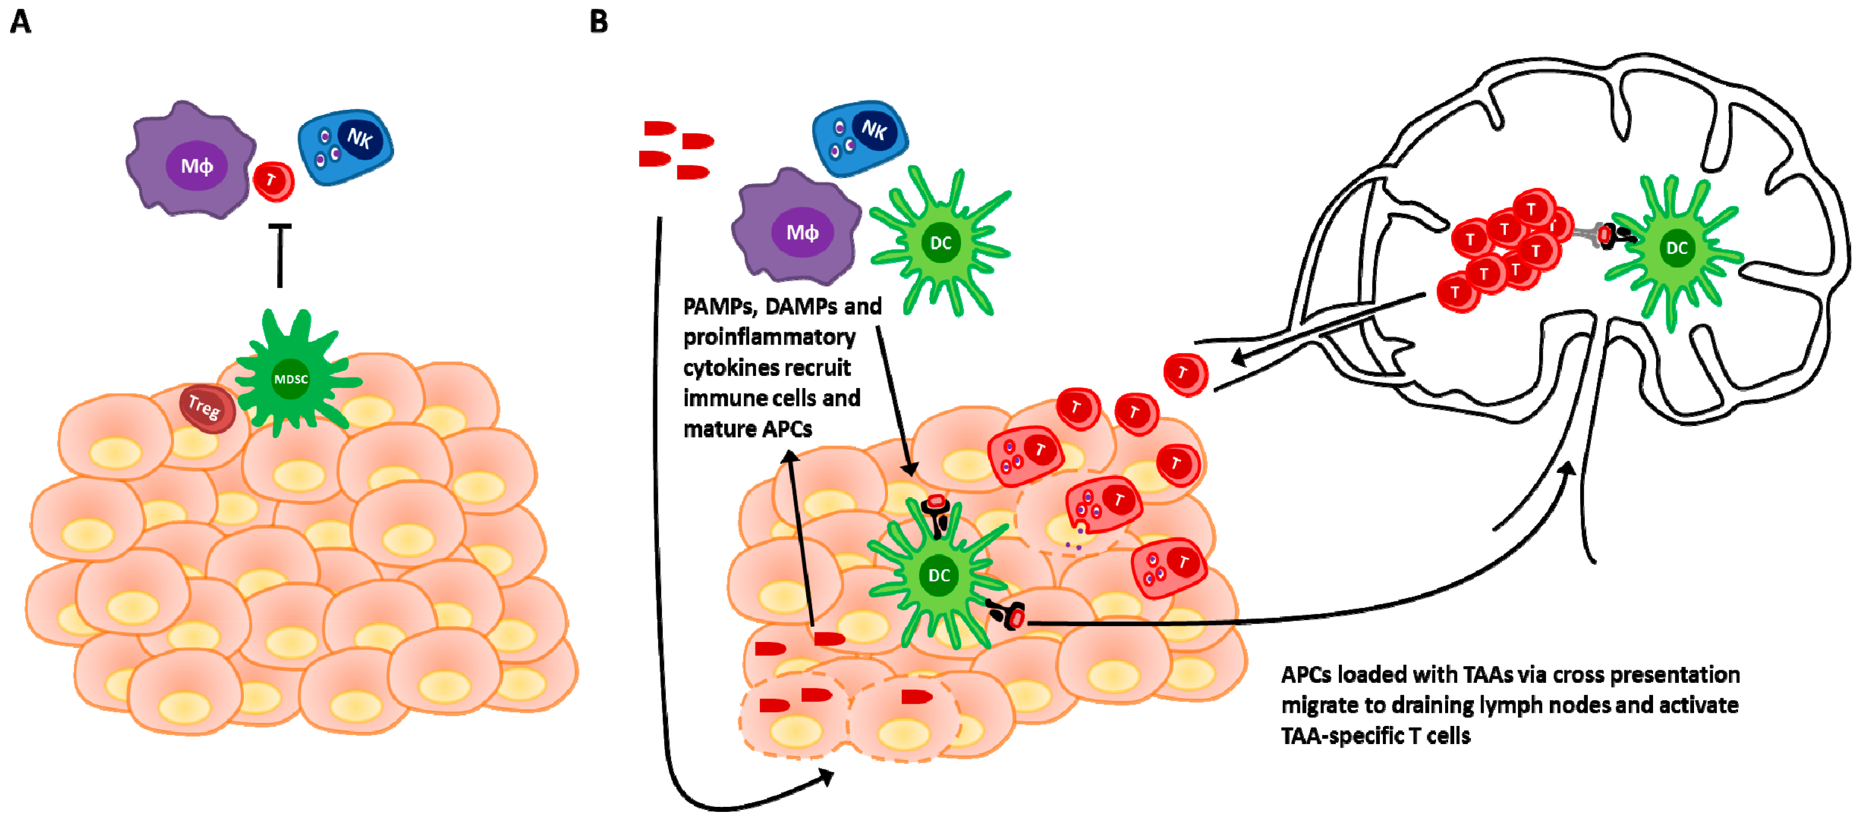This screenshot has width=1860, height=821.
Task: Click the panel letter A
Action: [x=20, y=22]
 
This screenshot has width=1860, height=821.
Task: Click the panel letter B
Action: [x=599, y=22]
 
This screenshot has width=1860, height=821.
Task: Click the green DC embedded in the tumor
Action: [x=938, y=574]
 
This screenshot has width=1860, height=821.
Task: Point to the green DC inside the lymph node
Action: [x=1675, y=249]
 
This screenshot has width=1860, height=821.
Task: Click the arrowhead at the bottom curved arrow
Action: [x=827, y=777]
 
